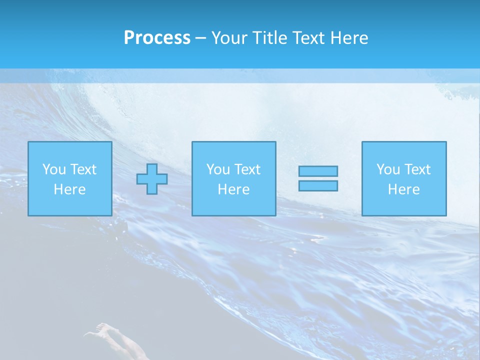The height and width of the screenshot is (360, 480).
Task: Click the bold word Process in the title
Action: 157,38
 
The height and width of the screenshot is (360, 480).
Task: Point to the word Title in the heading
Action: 269,38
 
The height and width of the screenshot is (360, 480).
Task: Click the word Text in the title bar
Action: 312,38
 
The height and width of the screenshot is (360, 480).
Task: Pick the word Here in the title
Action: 352,38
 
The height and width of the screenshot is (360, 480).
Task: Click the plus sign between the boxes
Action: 152,178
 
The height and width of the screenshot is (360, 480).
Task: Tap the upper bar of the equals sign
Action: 318,171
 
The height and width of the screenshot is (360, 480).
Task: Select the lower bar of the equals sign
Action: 318,185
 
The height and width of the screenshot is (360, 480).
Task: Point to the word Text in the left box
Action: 83,169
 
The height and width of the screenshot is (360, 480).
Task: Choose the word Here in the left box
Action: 69,189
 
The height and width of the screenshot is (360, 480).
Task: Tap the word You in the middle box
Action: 218,169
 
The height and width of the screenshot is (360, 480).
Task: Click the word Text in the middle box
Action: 247,169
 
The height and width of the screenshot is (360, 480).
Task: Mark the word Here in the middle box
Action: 233,189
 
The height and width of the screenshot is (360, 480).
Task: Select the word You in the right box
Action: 388,169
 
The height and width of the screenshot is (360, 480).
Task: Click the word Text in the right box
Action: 417,169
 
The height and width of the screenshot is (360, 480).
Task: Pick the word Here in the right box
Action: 403,189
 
